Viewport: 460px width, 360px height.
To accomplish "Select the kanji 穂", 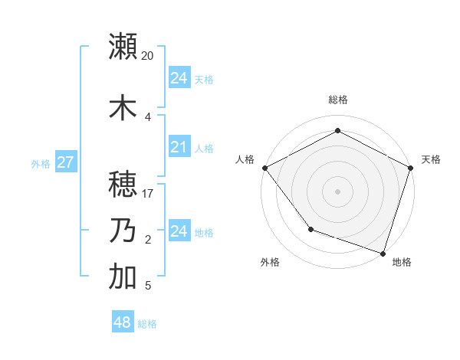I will coord(123,184).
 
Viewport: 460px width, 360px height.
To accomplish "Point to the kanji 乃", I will coord(123,231).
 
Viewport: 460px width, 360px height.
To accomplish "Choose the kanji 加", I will coord(123,277).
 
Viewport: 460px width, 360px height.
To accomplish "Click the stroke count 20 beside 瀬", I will coord(147,56).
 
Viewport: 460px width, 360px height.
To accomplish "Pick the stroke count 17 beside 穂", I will coord(148,193).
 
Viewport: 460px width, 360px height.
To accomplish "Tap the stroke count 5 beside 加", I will coord(148,286).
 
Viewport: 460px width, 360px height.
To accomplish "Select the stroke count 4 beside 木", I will coord(148,116).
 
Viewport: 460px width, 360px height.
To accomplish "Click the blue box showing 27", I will coord(65,162).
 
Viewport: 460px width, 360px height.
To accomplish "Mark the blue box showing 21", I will coord(179,147).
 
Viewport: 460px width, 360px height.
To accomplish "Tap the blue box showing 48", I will coord(123,322).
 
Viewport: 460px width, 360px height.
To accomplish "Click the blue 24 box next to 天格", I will coord(179,78).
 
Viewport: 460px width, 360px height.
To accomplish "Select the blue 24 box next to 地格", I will coord(179,231).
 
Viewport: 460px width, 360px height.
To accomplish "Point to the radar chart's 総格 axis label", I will coord(337,100).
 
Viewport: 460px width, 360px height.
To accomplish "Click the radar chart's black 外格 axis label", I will coord(269,262).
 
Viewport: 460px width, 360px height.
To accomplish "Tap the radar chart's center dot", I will coord(337,191).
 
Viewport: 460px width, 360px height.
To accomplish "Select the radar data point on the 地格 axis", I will coord(383,253).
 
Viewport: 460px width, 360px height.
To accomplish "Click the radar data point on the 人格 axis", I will coord(264,167).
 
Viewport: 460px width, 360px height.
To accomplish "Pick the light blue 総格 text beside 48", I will coord(147,324).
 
